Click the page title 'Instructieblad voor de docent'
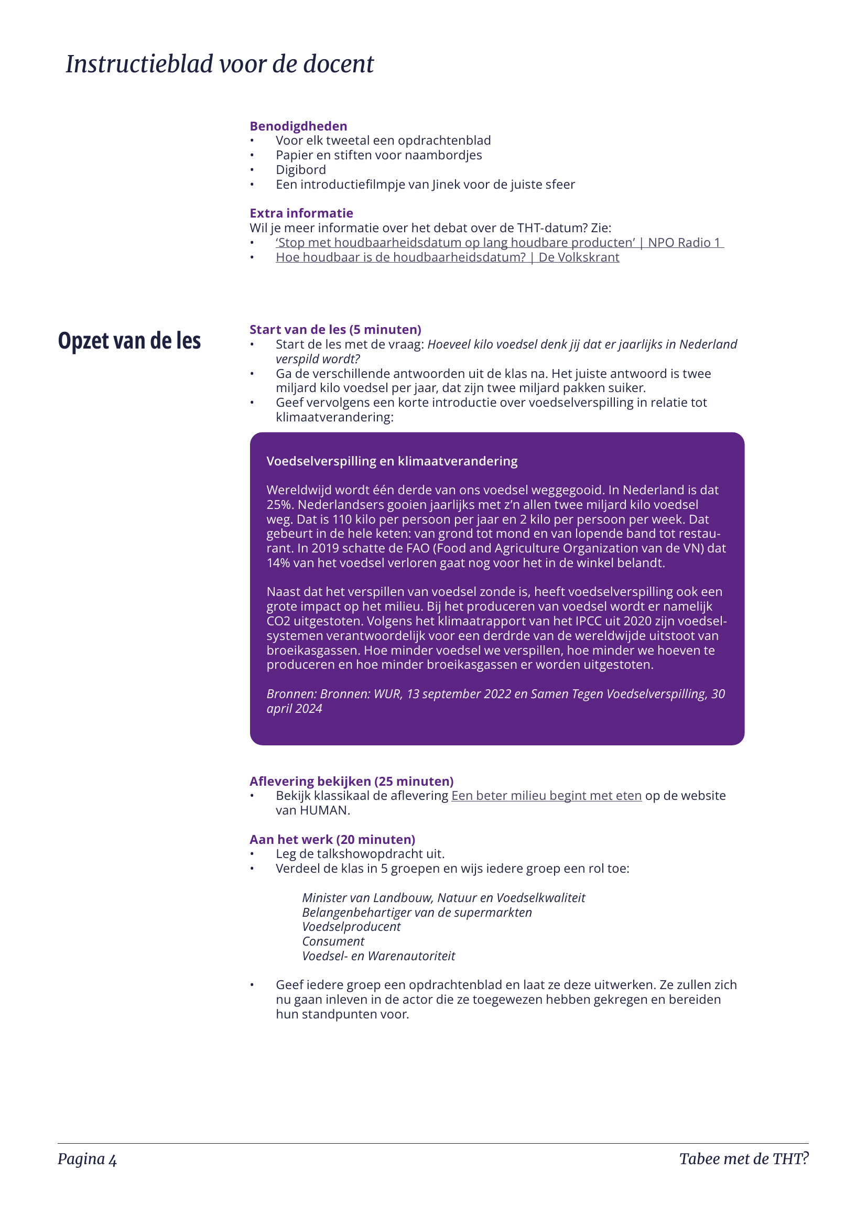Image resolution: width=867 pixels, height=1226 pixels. [x=220, y=64]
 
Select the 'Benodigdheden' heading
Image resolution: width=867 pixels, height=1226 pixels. [x=298, y=126]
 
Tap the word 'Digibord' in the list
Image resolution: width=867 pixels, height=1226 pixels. [x=300, y=170]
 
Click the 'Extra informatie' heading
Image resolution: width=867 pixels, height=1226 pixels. [x=301, y=213]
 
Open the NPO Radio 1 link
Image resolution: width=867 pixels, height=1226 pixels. [x=499, y=243]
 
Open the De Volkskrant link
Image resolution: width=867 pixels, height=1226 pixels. [x=447, y=257]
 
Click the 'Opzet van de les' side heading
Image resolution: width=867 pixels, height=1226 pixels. [x=129, y=341]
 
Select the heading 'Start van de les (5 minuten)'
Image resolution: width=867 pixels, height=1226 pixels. [x=335, y=330]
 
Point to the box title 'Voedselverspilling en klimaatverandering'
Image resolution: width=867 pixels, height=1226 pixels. [x=392, y=461]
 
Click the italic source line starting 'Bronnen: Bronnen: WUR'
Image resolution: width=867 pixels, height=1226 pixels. [x=495, y=694]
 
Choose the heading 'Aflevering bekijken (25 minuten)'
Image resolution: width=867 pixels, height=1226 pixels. [x=351, y=781]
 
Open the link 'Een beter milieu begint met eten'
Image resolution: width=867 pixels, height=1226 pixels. [x=546, y=796]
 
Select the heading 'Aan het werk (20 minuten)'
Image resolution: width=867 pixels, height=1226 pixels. [x=332, y=839]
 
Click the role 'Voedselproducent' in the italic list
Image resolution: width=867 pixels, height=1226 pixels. [x=351, y=926]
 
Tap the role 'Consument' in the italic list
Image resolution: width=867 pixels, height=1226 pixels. [x=333, y=941]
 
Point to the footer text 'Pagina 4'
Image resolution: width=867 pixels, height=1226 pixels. [x=87, y=1159]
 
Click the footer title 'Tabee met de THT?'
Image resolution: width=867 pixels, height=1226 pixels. [x=743, y=1159]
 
